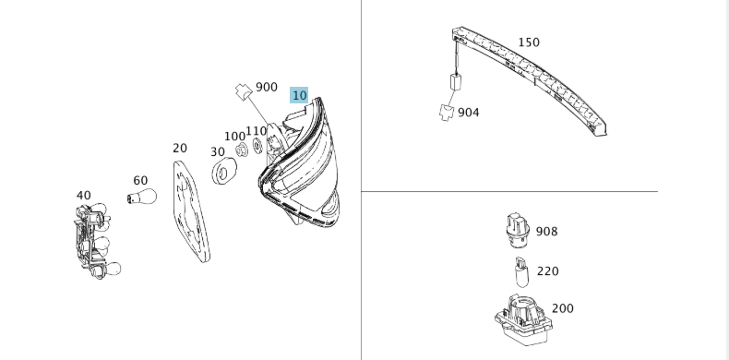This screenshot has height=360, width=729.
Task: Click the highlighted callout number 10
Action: coord(299,95)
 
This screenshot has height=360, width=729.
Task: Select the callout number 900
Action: coord(267,87)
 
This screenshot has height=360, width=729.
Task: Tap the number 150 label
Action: coord(529,42)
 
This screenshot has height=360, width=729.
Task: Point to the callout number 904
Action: coord(468,113)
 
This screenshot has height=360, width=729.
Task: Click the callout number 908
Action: coord(546,231)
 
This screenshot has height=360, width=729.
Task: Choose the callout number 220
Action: coord(548,271)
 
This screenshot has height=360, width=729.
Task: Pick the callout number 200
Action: coord(563,308)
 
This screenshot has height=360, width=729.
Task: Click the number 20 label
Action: coord(180,149)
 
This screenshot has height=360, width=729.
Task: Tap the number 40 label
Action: coord(84,196)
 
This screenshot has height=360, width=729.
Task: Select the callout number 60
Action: coord(140,181)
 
